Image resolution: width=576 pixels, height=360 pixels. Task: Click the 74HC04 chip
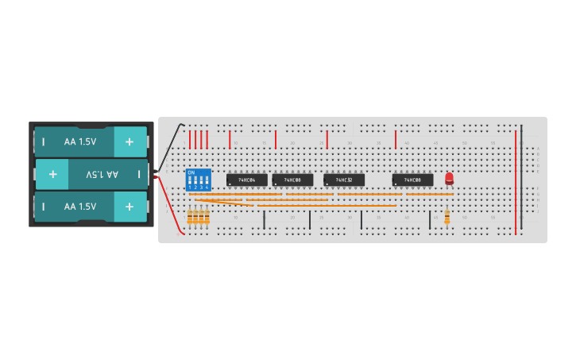(246, 180)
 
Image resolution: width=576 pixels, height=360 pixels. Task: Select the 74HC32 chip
(344, 180)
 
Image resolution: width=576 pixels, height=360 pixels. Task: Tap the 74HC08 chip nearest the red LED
(412, 180)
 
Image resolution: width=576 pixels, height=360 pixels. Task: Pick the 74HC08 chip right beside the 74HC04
(292, 180)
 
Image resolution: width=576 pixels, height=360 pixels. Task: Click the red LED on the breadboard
(449, 178)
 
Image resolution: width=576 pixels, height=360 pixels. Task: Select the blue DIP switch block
(198, 180)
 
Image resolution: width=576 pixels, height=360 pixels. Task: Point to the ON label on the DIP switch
(191, 172)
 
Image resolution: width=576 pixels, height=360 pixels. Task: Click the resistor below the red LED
(446, 216)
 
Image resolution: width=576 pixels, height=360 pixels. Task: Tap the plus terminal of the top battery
(130, 141)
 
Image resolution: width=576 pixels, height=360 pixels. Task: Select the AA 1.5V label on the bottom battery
(80, 206)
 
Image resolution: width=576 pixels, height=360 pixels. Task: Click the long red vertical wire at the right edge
(515, 183)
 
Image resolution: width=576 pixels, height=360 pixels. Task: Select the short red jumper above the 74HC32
(327, 140)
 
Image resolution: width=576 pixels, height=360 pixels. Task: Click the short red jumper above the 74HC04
(230, 140)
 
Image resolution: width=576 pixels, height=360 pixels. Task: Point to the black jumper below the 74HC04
(264, 219)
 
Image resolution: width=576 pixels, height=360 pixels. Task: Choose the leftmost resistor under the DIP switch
(190, 216)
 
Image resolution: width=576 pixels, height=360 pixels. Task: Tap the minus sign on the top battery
(44, 141)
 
